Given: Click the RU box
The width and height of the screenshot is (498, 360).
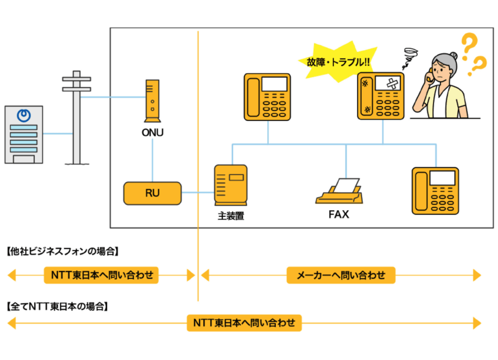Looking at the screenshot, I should click(x=152, y=193).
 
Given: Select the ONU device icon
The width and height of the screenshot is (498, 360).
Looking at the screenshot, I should click(x=152, y=101).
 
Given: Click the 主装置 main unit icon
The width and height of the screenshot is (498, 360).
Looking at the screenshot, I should click(x=231, y=185).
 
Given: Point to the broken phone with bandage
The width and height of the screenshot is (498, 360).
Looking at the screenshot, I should click(x=381, y=96).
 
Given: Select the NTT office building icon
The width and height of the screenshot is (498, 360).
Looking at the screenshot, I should click(x=23, y=134).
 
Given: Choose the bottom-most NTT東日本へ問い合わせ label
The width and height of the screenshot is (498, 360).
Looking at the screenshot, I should click(x=244, y=323).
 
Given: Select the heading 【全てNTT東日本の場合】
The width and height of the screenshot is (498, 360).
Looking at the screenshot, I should click(x=57, y=307).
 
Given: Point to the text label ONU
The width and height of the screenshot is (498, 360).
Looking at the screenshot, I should click(x=152, y=132).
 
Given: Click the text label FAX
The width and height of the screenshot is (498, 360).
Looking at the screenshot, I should click(x=338, y=214).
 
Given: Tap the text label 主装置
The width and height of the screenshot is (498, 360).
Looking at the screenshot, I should click(x=231, y=216).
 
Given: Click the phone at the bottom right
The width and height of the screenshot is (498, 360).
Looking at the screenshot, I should click(x=435, y=191).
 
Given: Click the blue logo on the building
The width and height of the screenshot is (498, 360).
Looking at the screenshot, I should click(x=23, y=115).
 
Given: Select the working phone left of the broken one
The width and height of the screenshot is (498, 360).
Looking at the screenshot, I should click(x=267, y=97).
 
